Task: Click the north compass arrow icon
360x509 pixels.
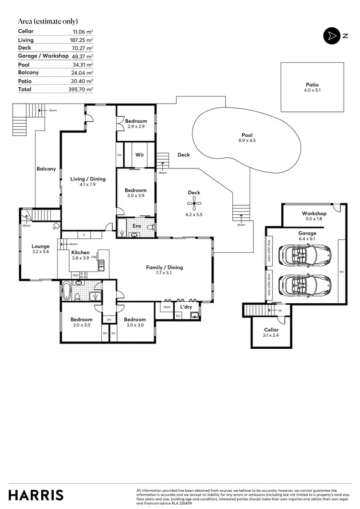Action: click(x=331, y=36)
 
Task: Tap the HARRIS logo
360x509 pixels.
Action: click(x=36, y=495)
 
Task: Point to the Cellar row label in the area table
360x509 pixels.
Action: click(x=26, y=31)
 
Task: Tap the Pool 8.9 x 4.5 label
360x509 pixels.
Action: click(x=247, y=138)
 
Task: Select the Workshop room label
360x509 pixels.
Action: click(x=314, y=213)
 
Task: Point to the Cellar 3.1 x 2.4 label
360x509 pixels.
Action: click(x=271, y=332)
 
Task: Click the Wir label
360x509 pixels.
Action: click(x=140, y=155)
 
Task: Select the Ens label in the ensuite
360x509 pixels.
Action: click(x=136, y=225)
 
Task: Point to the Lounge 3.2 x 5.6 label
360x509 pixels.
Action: click(x=41, y=249)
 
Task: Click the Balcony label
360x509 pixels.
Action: click(x=47, y=169)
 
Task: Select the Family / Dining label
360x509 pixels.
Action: click(x=165, y=270)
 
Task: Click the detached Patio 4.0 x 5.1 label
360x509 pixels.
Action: click(x=312, y=87)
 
